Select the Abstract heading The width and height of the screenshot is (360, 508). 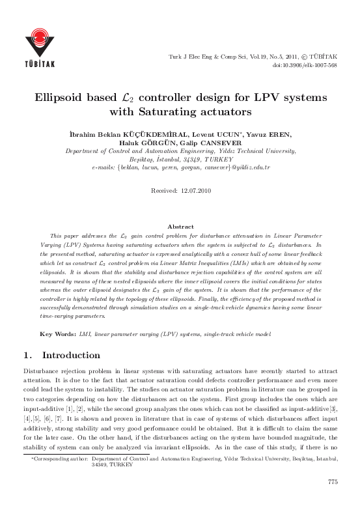click(x=180, y=226)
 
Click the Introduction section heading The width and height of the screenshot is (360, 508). click(x=71, y=356)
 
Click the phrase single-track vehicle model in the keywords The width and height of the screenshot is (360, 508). click(x=232, y=333)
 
